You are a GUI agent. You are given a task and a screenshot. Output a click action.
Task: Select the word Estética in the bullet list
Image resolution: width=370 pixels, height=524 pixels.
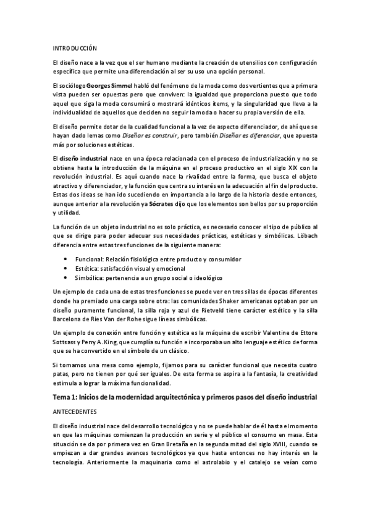pyautogui.click(x=86, y=269)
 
